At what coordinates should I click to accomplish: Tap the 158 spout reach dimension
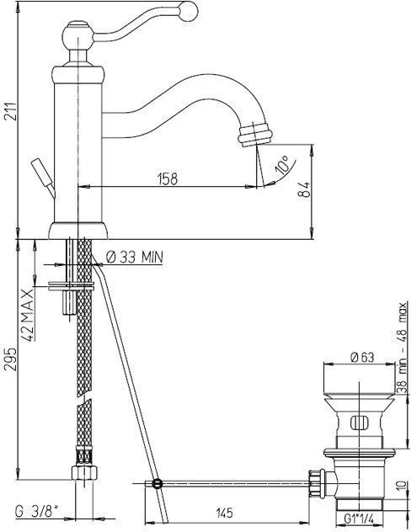[x=168, y=178]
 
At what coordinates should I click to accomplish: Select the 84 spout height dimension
[x=304, y=189]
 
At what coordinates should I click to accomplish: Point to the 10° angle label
[x=281, y=164]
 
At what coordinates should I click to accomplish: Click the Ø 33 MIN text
[x=135, y=258]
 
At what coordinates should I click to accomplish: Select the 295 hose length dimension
[x=10, y=359]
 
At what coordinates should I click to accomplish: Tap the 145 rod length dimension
[x=224, y=513]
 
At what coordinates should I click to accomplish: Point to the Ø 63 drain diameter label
[x=363, y=357]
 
